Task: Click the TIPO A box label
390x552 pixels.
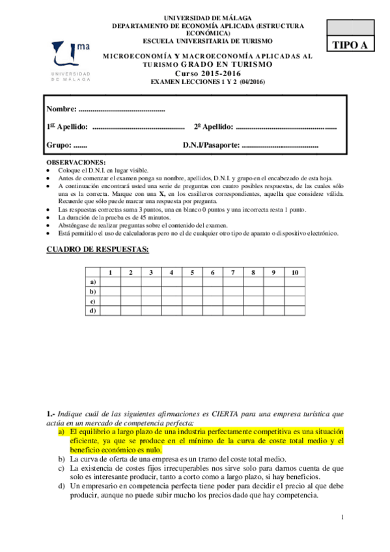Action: tap(350, 45)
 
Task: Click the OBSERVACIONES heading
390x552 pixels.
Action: tap(76, 161)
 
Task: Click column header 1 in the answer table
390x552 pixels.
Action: tap(111, 272)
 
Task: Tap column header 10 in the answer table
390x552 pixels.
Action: tap(294, 272)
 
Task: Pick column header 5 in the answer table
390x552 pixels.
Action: tap(193, 272)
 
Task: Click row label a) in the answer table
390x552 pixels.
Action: tap(93, 282)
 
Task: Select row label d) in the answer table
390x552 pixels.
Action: tap(93, 311)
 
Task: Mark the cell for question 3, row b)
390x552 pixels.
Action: tap(152, 292)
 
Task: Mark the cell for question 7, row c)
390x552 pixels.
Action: tap(233, 301)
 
